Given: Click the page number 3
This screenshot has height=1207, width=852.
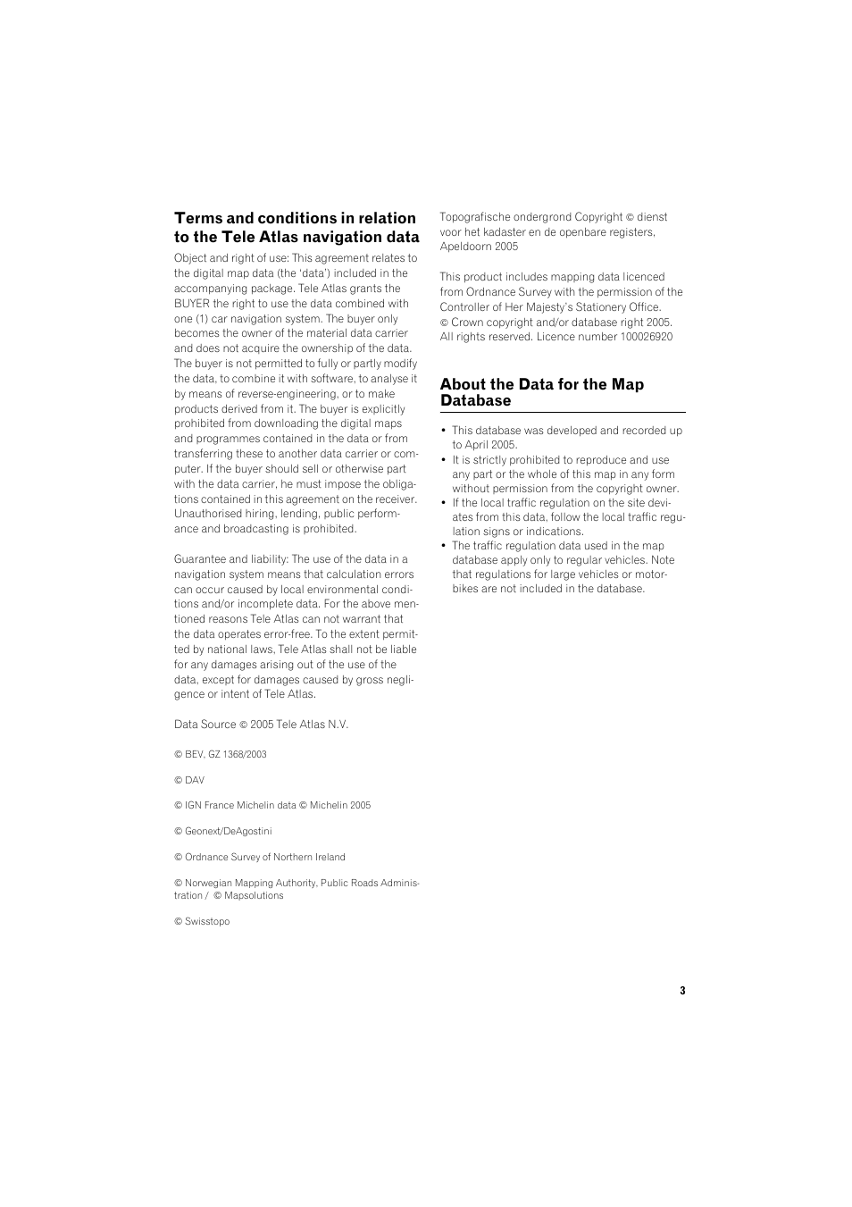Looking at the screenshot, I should [x=682, y=991].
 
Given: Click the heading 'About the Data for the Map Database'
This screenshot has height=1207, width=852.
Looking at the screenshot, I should [x=541, y=392].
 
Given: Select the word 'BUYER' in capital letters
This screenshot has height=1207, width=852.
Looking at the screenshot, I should [x=191, y=304].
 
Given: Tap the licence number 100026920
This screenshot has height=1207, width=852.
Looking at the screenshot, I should [x=646, y=337].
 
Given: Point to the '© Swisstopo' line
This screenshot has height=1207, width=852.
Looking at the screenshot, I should [x=202, y=922].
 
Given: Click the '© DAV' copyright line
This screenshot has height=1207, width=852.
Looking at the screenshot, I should [x=189, y=780].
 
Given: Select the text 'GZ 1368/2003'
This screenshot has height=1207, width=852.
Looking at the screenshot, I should [x=238, y=754].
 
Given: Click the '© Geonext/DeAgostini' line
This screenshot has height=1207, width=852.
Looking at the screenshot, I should [x=223, y=831].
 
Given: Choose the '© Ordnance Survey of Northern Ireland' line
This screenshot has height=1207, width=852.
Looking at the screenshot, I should [x=260, y=857].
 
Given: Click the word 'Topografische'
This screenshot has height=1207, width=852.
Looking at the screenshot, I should [x=473, y=217].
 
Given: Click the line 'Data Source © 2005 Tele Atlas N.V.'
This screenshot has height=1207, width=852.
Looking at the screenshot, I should [x=261, y=725].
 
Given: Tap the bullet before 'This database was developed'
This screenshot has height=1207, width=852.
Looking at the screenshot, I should [x=444, y=431].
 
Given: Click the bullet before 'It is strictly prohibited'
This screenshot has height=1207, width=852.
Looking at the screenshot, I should [x=444, y=460].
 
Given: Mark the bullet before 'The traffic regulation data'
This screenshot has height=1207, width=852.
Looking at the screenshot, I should [x=444, y=546].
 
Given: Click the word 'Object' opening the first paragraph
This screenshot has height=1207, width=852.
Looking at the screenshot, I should [x=189, y=258].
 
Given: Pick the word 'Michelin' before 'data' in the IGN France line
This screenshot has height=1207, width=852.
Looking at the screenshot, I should [x=255, y=805].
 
